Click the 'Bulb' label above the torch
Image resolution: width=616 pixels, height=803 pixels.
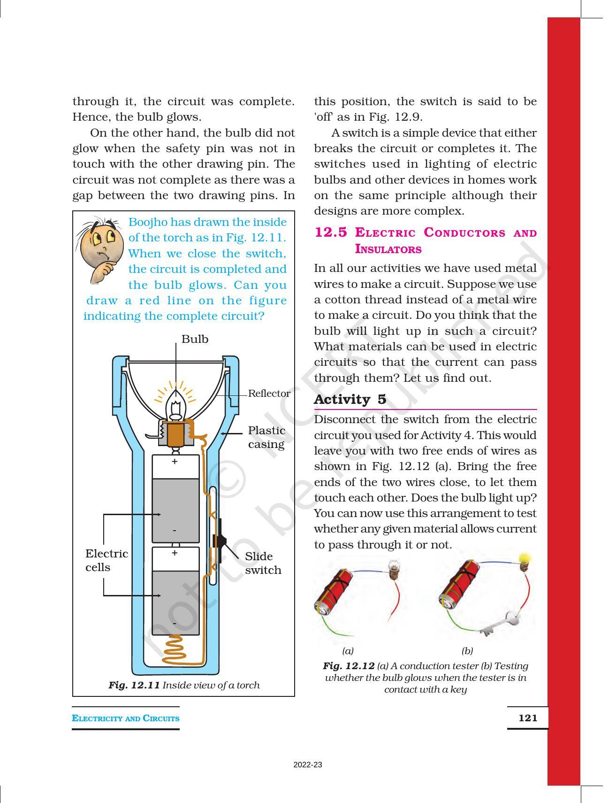coord(195,339)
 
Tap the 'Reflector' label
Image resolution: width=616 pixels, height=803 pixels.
coord(269,394)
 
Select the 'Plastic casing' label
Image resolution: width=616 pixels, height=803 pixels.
coord(266,437)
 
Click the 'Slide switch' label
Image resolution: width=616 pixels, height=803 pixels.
coord(263,563)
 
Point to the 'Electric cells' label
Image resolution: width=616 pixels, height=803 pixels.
coord(106,560)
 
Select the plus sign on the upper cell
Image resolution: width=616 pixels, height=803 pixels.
coord(175,462)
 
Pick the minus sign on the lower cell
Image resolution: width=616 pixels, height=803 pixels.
coord(175,623)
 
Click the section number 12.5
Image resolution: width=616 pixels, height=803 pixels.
coord(331,232)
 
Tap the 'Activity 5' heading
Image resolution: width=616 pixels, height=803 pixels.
coord(350,399)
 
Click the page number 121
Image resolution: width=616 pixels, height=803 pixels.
coord(527,718)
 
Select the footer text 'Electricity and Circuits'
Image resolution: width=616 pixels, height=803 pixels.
coord(126,718)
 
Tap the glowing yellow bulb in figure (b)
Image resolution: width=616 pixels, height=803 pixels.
coord(524,560)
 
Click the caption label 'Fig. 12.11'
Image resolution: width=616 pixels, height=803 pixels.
coord(134,685)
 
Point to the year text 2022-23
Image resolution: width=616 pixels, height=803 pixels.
coord(308,765)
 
